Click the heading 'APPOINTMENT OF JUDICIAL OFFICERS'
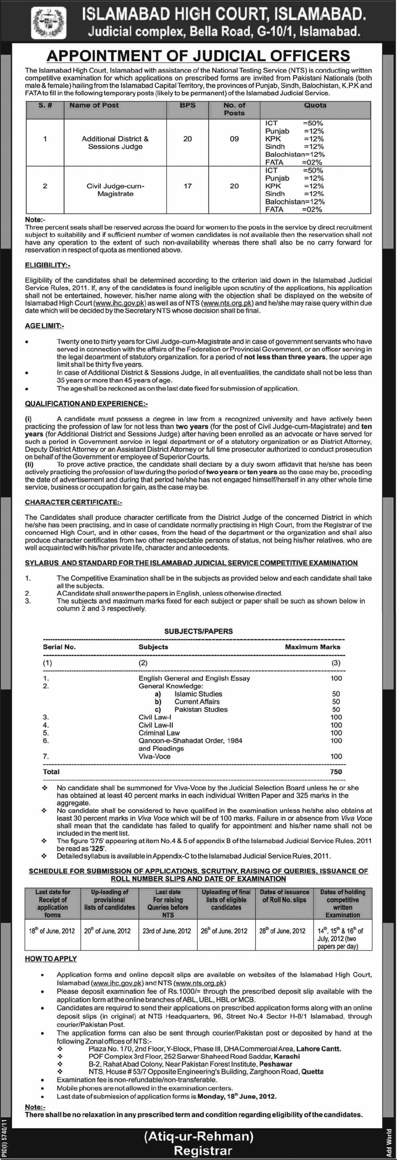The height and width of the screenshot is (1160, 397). [198, 56]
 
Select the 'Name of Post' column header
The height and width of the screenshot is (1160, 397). [94, 105]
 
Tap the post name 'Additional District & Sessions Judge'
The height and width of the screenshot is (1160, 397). [115, 143]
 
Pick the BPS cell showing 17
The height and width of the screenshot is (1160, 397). [187, 186]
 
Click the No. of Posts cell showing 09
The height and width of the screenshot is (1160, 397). [234, 139]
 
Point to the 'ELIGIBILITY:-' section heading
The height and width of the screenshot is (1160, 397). [47, 265]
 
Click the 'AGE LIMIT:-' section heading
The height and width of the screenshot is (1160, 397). [44, 326]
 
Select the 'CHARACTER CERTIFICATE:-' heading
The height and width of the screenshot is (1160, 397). [73, 502]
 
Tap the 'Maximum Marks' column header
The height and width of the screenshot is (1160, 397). [312, 647]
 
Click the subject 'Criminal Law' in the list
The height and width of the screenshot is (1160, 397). [159, 732]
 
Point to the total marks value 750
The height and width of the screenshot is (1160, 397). [336, 772]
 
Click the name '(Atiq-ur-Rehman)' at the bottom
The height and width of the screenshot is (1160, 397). [199, 1137]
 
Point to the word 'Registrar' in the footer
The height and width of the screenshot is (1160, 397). [203, 1151]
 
